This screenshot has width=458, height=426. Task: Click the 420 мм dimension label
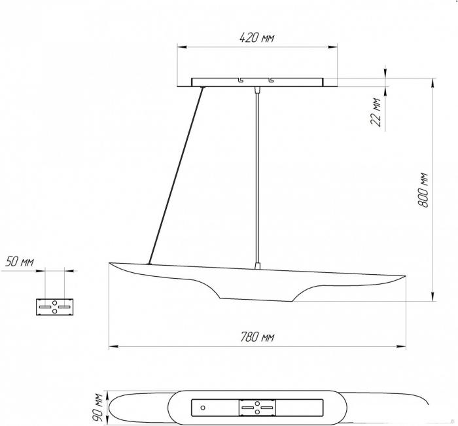[256, 38]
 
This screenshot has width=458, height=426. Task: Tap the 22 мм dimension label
[376, 112]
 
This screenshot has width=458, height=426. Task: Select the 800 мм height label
[423, 190]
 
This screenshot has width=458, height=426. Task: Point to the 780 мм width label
[257, 337]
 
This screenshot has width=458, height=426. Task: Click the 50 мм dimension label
[20, 262]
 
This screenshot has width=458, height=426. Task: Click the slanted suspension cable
[176, 175]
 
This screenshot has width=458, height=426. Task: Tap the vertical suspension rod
[257, 177]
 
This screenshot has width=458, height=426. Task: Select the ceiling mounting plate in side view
[257, 82]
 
